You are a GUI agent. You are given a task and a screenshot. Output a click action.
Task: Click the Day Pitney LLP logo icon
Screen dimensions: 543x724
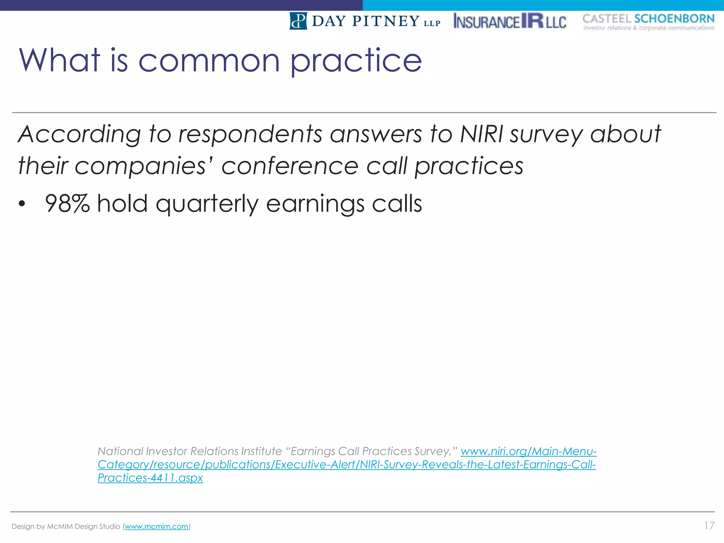click(x=298, y=21)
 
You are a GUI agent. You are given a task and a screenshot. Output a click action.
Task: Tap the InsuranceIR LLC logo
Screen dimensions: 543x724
click(x=509, y=21)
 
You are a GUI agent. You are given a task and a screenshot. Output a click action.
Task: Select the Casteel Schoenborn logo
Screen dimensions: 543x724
click(x=648, y=22)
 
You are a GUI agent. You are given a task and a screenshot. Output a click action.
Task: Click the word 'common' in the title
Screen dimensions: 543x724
click(x=209, y=61)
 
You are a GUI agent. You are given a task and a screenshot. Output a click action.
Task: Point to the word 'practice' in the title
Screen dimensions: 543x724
click(x=356, y=61)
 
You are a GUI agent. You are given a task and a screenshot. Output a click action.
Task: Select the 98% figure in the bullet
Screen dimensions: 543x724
click(x=67, y=204)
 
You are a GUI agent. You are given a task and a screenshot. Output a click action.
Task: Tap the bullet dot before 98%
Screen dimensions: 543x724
click(x=22, y=204)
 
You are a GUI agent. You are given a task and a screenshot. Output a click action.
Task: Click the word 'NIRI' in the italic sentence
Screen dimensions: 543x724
click(x=481, y=135)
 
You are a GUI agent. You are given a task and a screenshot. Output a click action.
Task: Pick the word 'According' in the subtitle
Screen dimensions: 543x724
click(x=80, y=135)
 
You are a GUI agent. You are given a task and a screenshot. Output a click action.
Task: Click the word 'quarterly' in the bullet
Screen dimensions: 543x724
click(x=207, y=204)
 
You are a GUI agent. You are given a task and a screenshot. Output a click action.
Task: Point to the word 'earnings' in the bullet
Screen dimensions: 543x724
click(x=315, y=204)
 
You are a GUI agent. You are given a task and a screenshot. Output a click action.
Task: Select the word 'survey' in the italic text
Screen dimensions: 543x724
click(x=546, y=135)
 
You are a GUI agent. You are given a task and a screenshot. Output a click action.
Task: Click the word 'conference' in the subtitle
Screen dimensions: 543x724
click(x=290, y=166)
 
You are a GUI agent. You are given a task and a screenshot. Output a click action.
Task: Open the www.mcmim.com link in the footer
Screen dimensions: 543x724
click(x=156, y=526)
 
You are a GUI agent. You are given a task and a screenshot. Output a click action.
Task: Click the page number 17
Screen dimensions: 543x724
click(x=709, y=526)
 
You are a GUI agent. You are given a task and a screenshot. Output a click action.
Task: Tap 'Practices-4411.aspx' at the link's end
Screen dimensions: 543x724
click(x=150, y=478)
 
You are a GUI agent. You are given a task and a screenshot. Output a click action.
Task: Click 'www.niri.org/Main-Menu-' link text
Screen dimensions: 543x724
click(x=529, y=451)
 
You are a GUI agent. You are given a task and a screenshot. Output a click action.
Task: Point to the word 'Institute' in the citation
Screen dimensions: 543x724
click(x=261, y=451)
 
